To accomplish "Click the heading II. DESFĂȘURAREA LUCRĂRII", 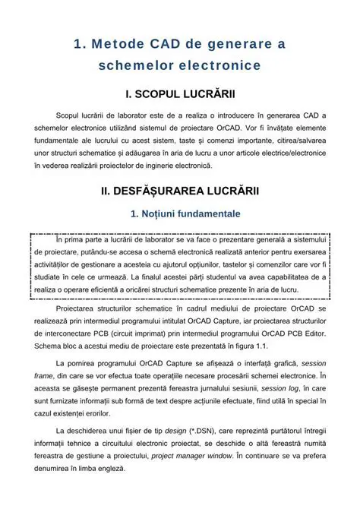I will (x=180, y=191).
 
